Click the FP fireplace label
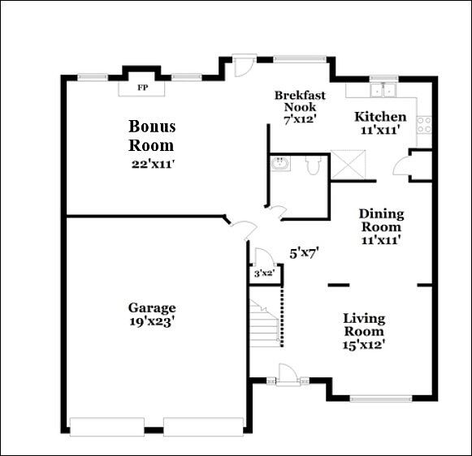142,87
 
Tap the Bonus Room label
151,136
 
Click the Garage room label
151,308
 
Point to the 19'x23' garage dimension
151,320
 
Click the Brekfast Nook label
299,101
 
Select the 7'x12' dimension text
299,119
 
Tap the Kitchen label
380,117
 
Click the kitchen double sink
382,89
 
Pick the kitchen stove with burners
424,124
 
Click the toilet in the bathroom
312,166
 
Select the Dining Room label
381,220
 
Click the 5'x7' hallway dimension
304,252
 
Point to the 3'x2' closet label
263,274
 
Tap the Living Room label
363,325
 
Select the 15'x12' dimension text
363,345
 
